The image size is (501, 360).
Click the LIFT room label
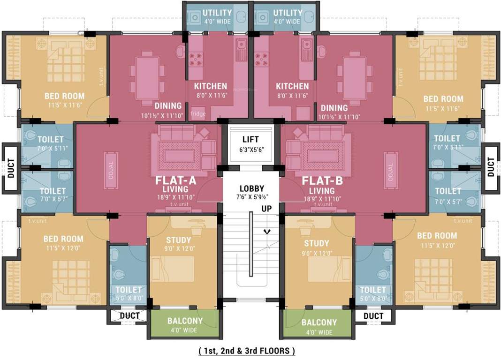[x=250, y=139]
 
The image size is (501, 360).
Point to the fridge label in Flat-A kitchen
[x=198, y=113]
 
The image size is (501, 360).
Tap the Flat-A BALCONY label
[x=185, y=321]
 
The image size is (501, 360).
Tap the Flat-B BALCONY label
[x=319, y=322]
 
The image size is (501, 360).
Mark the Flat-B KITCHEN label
[x=292, y=86]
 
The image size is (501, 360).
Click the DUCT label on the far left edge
[x=11, y=168]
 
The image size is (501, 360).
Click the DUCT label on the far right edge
[x=491, y=167]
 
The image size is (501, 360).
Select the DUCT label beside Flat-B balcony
[x=373, y=316]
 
